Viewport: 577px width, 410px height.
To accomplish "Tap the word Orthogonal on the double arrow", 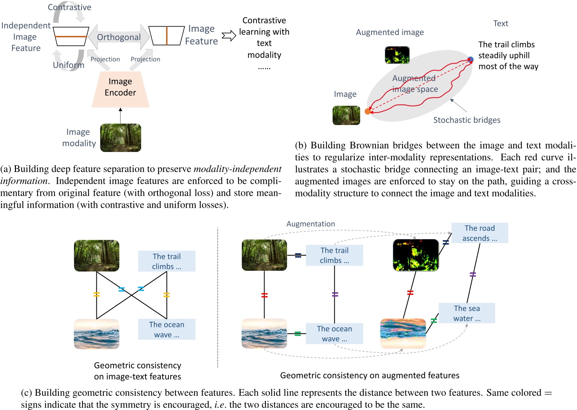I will (x=119, y=37).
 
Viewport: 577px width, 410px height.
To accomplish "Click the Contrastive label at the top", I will (x=69, y=7).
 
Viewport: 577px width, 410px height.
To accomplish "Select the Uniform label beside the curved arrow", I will (x=68, y=65).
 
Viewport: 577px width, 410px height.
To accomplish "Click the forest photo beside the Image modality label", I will (x=120, y=138).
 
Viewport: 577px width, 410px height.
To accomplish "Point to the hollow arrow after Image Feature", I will (x=229, y=36).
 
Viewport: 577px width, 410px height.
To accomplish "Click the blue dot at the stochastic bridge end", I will (x=470, y=59).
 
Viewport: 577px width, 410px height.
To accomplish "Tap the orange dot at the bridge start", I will (x=367, y=112).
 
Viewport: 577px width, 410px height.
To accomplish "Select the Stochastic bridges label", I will (x=466, y=120).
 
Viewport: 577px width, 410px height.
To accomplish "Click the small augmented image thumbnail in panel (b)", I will (x=397, y=55).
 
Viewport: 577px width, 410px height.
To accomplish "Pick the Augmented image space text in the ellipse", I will (x=415, y=83).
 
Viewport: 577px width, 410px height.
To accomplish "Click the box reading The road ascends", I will (x=479, y=233).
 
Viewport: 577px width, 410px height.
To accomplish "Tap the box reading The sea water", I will (x=467, y=313).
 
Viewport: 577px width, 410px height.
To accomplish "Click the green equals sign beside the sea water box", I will (x=434, y=321).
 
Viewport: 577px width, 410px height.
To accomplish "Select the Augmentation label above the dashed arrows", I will (x=310, y=224).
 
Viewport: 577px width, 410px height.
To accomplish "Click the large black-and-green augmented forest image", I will (x=416, y=255).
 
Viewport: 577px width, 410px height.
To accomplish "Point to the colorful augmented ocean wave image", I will (x=403, y=333).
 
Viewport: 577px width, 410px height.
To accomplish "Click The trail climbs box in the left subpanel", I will (x=167, y=261).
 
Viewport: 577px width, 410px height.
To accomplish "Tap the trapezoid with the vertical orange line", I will (x=167, y=36).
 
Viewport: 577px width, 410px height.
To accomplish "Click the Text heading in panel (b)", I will (x=500, y=23).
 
